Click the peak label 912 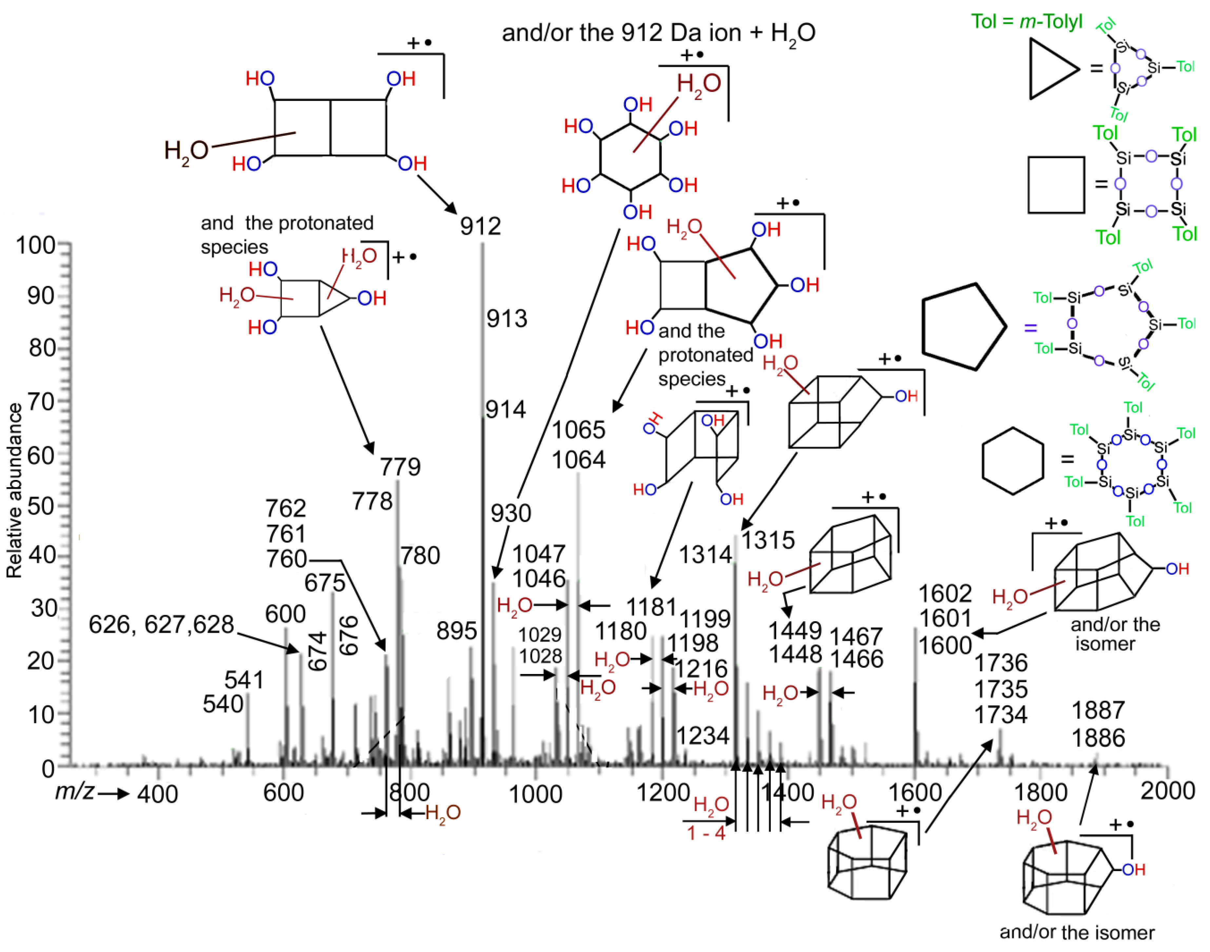(480, 226)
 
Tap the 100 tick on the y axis (35, 245)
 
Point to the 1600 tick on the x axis (914, 793)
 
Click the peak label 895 (456, 631)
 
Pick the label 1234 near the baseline (702, 736)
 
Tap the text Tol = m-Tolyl (1026, 21)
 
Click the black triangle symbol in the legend (1050, 69)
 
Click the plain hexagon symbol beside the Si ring (1012, 461)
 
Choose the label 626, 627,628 (161, 624)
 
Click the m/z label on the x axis (74, 791)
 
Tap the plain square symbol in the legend (1056, 185)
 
